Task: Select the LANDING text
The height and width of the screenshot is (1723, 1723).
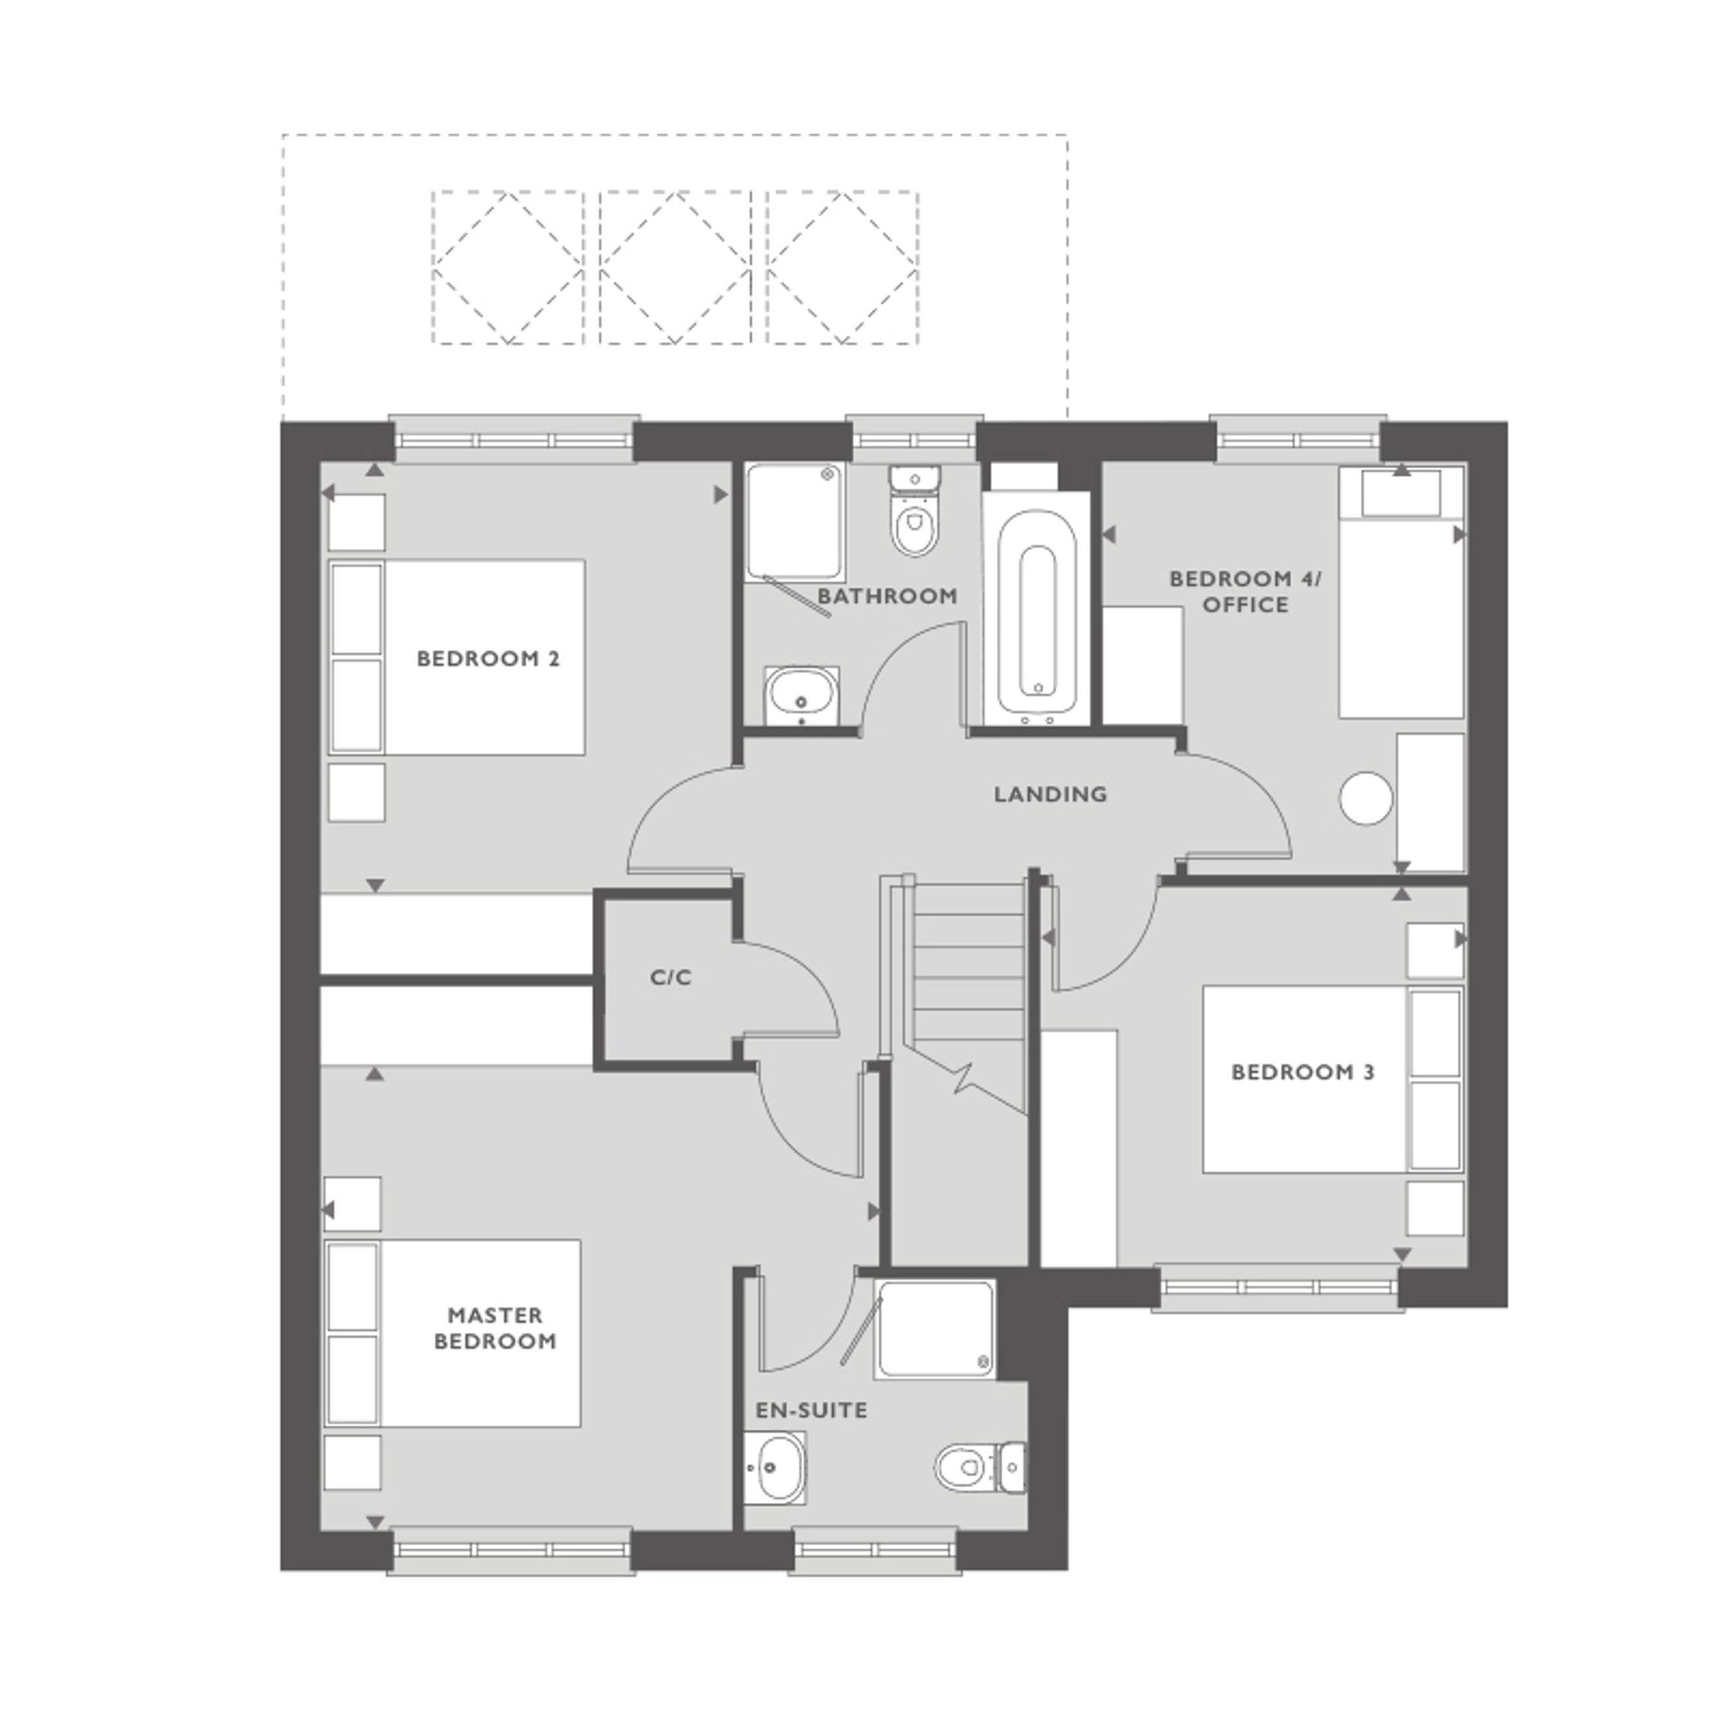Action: tap(1051, 794)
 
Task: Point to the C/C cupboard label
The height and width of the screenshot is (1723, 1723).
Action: tap(671, 978)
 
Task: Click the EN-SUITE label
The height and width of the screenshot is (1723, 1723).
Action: tap(811, 1410)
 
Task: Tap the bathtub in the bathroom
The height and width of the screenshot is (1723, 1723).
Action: tap(1036, 611)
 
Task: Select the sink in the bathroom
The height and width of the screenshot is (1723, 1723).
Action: tap(801, 696)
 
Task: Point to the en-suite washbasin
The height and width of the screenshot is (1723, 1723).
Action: tap(775, 1467)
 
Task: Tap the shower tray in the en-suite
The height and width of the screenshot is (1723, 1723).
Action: tap(935, 1329)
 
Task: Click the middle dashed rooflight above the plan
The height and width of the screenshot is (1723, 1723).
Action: tap(674, 268)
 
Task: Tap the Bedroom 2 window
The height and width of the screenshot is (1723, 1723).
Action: tap(514, 440)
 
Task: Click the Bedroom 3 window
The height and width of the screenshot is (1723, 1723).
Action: tap(1278, 1288)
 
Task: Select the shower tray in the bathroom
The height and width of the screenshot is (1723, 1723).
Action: tap(796, 521)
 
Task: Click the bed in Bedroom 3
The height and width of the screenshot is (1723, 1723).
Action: tap(1333, 1079)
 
